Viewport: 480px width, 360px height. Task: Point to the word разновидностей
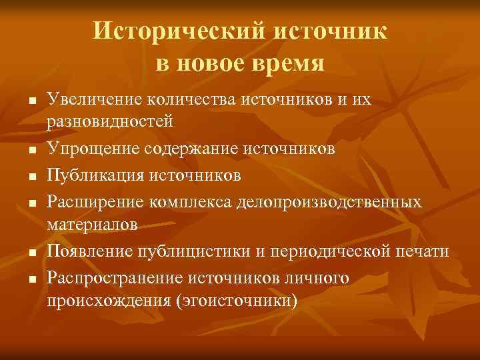[x=109, y=123]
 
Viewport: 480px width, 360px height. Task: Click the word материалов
[x=93, y=225]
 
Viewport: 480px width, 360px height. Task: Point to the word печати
[x=425, y=251]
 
